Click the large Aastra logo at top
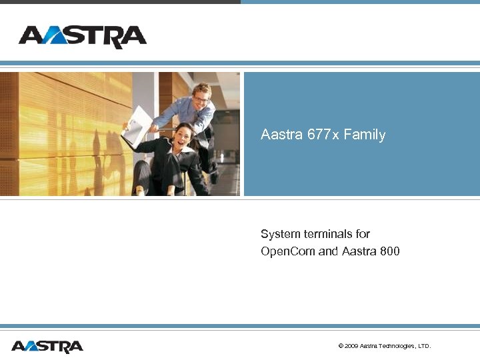click(x=83, y=37)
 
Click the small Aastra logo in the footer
click(x=47, y=346)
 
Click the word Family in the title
click(x=364, y=135)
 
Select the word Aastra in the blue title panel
click(x=282, y=135)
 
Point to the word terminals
click(x=327, y=234)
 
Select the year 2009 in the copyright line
click(x=351, y=346)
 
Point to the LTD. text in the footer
click(x=425, y=346)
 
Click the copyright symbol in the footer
click(x=341, y=346)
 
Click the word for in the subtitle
click(x=363, y=234)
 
